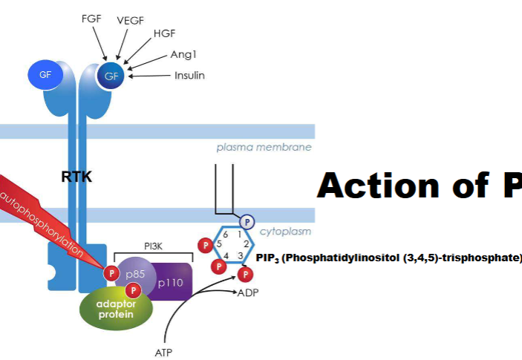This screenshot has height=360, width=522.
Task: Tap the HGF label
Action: click(163, 34)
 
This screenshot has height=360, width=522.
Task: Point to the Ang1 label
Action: click(183, 54)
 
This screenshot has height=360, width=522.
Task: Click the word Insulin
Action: click(189, 75)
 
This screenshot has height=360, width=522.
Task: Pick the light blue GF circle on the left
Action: click(46, 75)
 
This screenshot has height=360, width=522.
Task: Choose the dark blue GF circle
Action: click(112, 76)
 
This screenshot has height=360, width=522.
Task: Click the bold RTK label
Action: click(76, 177)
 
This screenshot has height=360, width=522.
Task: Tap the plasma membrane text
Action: click(264, 147)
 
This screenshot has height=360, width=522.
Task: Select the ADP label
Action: click(248, 293)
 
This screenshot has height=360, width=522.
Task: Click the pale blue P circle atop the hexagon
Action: click(247, 220)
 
